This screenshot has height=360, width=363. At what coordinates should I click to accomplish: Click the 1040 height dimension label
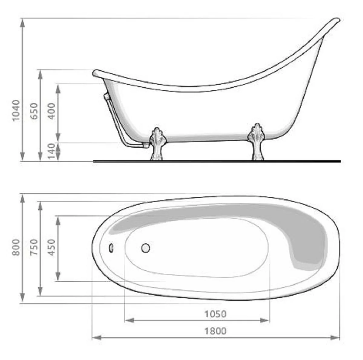(16, 110)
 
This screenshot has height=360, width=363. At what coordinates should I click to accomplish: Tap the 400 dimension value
(52, 111)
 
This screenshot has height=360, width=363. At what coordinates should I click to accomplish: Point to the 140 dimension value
(52, 151)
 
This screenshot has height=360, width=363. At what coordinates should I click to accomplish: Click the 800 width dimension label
(16, 247)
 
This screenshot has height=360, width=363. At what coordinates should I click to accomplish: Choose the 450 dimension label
(52, 247)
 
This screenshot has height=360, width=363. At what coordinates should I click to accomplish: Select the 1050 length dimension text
(215, 314)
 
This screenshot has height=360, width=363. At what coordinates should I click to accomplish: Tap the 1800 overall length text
(215, 331)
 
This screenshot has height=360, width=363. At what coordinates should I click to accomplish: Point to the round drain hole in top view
(146, 248)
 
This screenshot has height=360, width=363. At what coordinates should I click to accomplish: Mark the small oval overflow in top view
(111, 248)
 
